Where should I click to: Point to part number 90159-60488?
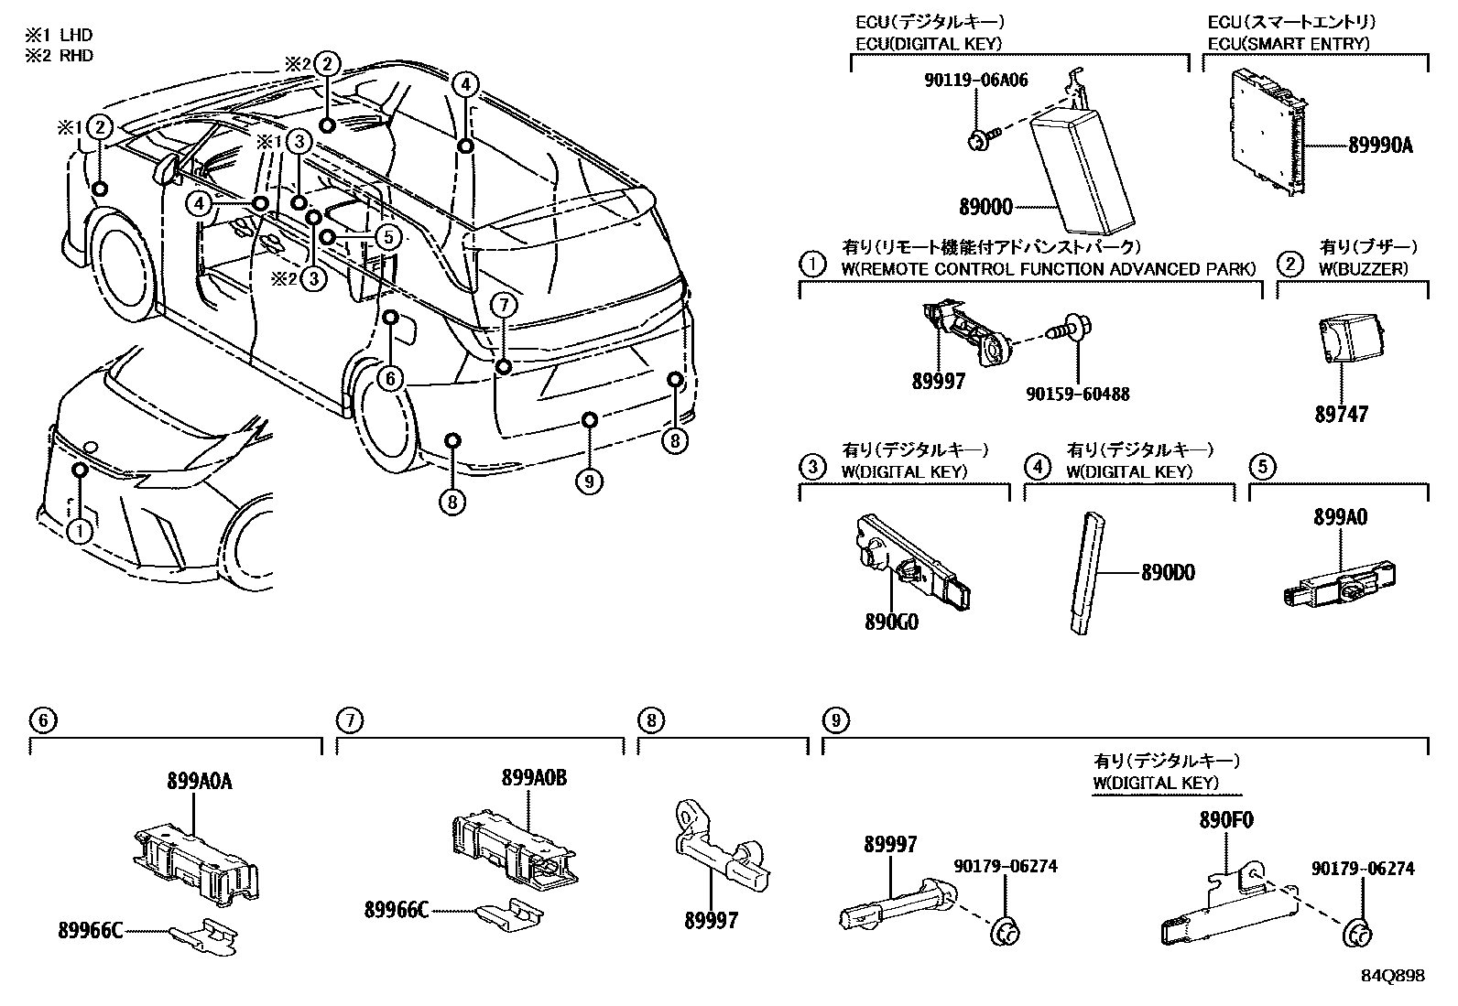(1077, 395)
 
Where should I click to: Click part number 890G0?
(891, 622)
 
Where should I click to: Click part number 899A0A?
(199, 781)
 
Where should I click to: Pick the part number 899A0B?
(534, 777)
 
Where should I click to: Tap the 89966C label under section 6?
(87, 931)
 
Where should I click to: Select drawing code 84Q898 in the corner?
(1393, 976)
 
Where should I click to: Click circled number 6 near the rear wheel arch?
(391, 378)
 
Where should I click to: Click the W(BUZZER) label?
(1364, 269)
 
